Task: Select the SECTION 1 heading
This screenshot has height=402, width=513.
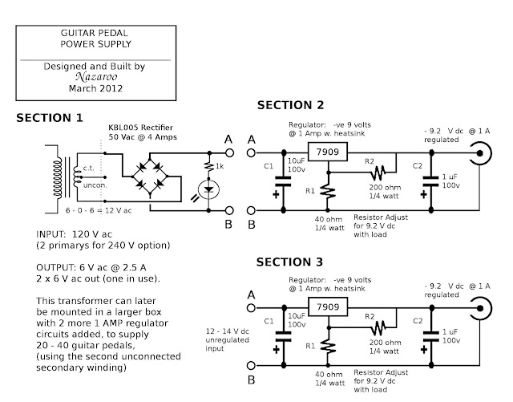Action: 50,118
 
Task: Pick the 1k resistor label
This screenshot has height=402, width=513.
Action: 222,166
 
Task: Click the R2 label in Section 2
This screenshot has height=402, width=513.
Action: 370,160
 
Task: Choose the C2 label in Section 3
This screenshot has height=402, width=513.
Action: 418,319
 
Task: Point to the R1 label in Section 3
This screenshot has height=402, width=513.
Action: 312,346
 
